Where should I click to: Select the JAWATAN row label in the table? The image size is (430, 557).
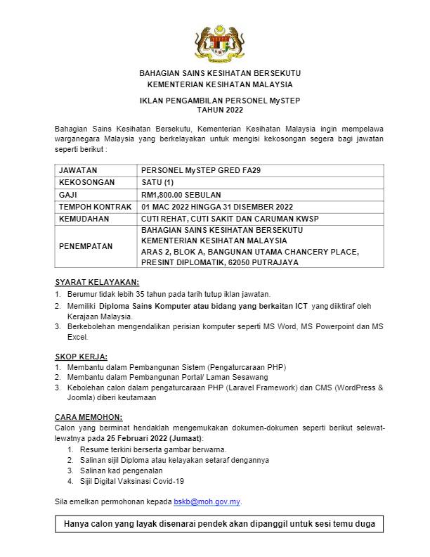(78, 170)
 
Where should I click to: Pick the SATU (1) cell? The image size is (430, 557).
(159, 182)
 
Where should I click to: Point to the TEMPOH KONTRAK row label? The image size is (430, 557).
(93, 207)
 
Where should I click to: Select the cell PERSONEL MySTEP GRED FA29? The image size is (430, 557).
(201, 170)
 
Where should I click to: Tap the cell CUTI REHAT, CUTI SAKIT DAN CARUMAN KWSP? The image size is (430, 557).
(230, 219)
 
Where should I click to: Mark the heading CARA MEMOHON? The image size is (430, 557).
(88, 417)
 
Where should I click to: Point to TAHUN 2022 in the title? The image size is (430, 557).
(219, 110)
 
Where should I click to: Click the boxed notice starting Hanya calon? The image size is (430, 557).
(219, 525)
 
